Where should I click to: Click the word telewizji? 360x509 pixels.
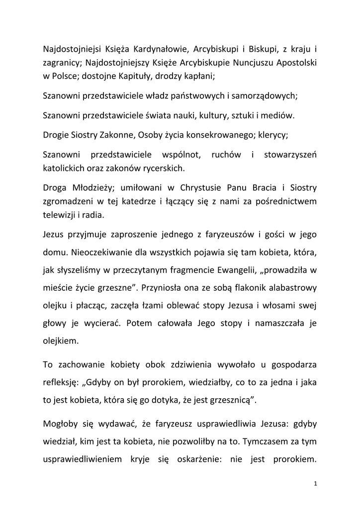pos(59,216)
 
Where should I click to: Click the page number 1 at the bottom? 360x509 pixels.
pos(315,483)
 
